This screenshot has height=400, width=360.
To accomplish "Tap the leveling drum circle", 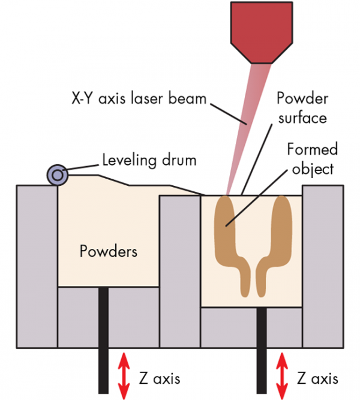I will (58, 175).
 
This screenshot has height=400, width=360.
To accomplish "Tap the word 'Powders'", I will (108, 251).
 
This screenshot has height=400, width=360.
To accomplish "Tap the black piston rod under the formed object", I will (263, 351).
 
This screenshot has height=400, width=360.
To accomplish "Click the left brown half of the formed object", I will (232, 240).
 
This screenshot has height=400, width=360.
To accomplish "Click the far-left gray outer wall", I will (36, 264).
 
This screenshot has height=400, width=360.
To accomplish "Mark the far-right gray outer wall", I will (325, 264).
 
